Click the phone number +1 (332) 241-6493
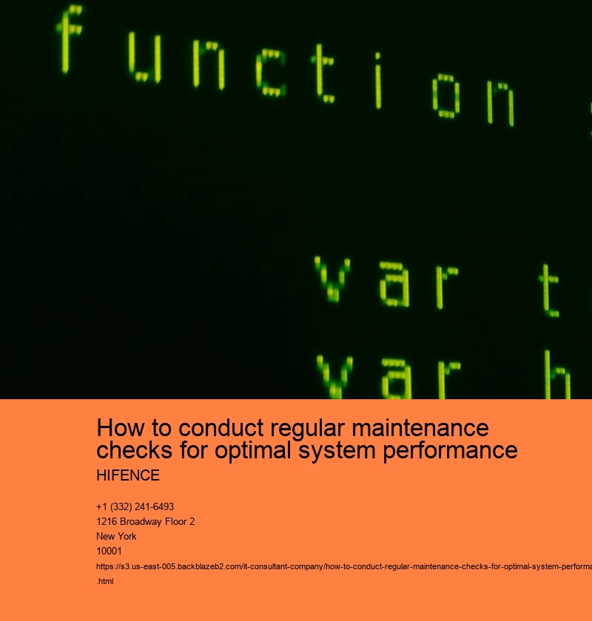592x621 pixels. click(x=135, y=506)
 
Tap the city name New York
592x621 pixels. click(x=116, y=536)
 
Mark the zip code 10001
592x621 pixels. click(x=109, y=551)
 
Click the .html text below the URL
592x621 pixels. click(x=105, y=580)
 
